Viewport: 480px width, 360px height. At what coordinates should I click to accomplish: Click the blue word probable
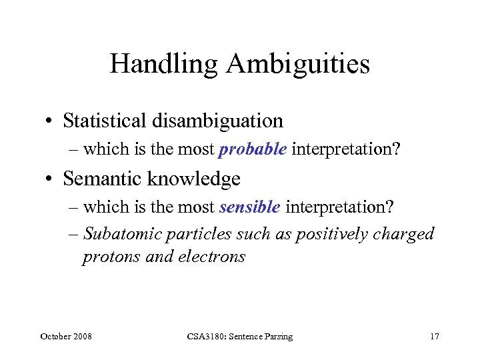[x=253, y=149]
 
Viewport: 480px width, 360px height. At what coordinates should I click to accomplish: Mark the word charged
[x=405, y=234]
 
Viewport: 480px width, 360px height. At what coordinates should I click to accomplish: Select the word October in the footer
[x=55, y=337]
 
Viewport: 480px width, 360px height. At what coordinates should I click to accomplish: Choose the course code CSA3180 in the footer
[x=207, y=337]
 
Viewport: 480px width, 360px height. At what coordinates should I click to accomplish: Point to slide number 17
[x=435, y=337]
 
